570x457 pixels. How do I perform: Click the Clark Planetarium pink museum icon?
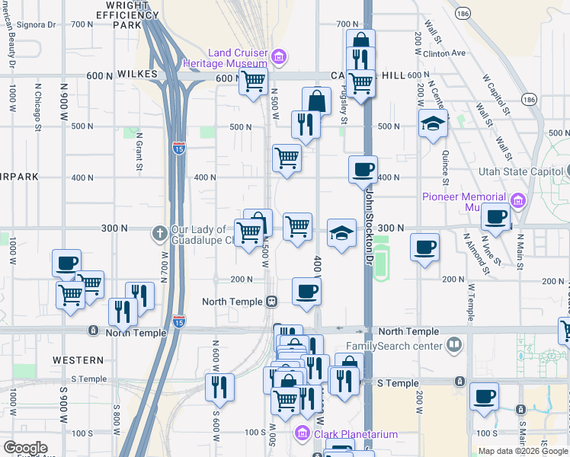[301, 434]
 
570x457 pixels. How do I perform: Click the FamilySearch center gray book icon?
[455, 346]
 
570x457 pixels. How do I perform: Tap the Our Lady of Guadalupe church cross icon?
[159, 232]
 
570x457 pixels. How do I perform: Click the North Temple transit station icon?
[271, 302]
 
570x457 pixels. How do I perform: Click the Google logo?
[25, 448]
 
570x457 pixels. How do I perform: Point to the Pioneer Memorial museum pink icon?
[518, 200]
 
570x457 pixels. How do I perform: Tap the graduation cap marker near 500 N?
[433, 123]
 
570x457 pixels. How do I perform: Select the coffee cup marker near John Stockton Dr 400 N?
[363, 169]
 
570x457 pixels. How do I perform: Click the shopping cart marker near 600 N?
[253, 81]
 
